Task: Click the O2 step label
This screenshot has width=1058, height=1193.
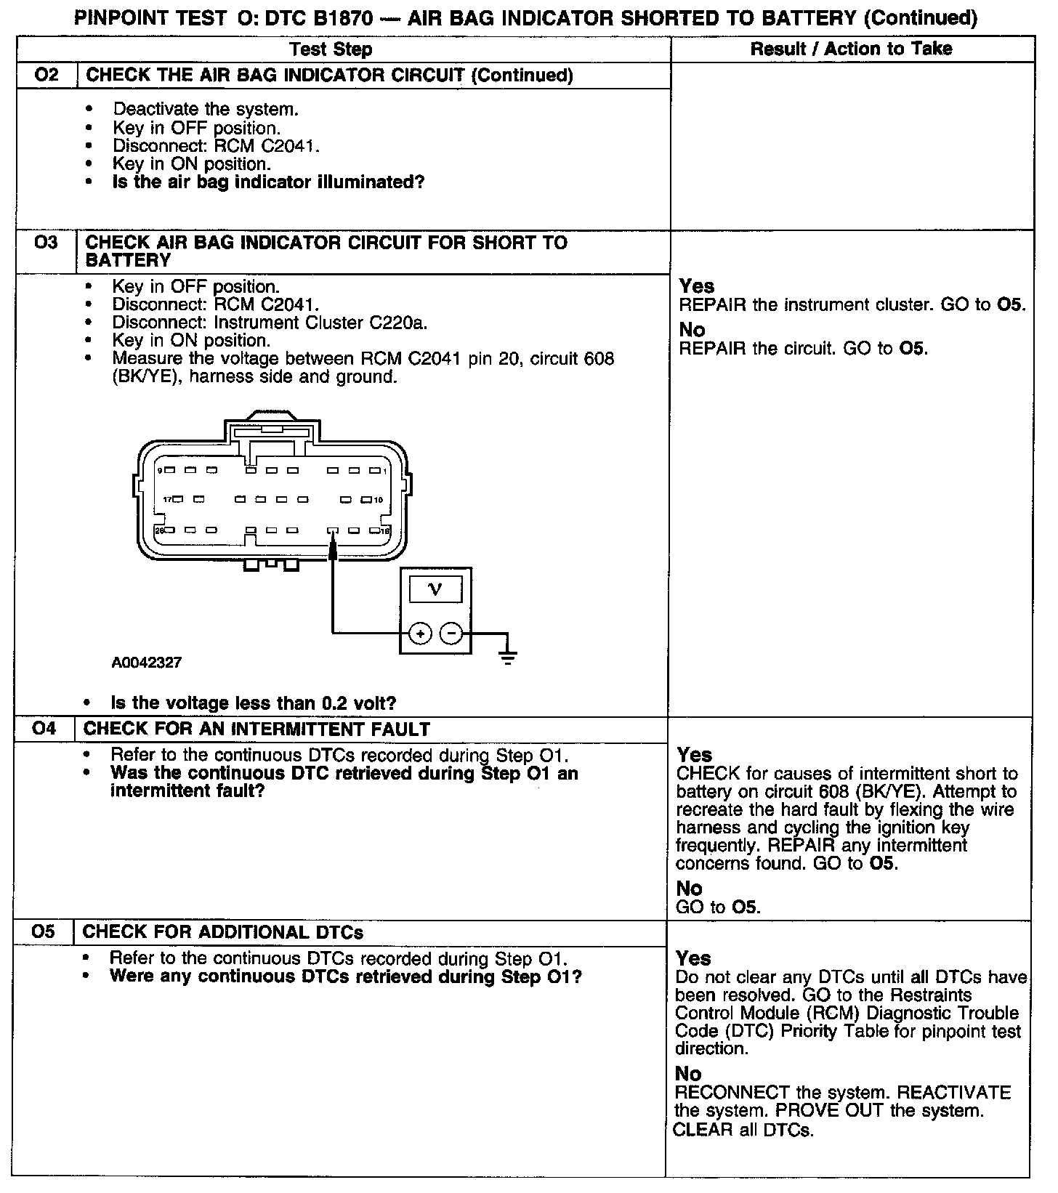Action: [46, 75]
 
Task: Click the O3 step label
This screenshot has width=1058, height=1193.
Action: [45, 242]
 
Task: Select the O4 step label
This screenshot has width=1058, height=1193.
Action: [44, 729]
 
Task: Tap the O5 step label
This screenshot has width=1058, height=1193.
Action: [43, 931]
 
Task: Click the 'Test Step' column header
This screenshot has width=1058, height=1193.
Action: [331, 49]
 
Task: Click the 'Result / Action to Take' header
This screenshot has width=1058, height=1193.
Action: [851, 49]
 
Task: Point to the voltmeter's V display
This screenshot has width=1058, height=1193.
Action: [435, 589]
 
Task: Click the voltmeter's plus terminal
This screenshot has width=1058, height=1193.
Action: [420, 634]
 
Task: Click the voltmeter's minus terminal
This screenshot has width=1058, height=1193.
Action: [452, 634]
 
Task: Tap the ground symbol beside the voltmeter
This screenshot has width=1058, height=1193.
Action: [509, 658]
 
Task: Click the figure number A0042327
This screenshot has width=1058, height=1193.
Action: [147, 663]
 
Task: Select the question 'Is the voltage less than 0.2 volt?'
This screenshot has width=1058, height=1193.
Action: [253, 703]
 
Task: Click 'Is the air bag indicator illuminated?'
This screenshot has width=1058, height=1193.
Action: [268, 182]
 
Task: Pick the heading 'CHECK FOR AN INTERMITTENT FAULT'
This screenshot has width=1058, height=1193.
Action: [257, 729]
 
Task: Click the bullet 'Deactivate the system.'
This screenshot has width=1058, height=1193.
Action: [206, 109]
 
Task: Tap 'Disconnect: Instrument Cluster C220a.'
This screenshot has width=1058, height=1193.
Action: [270, 322]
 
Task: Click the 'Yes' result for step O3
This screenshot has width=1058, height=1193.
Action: [697, 286]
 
